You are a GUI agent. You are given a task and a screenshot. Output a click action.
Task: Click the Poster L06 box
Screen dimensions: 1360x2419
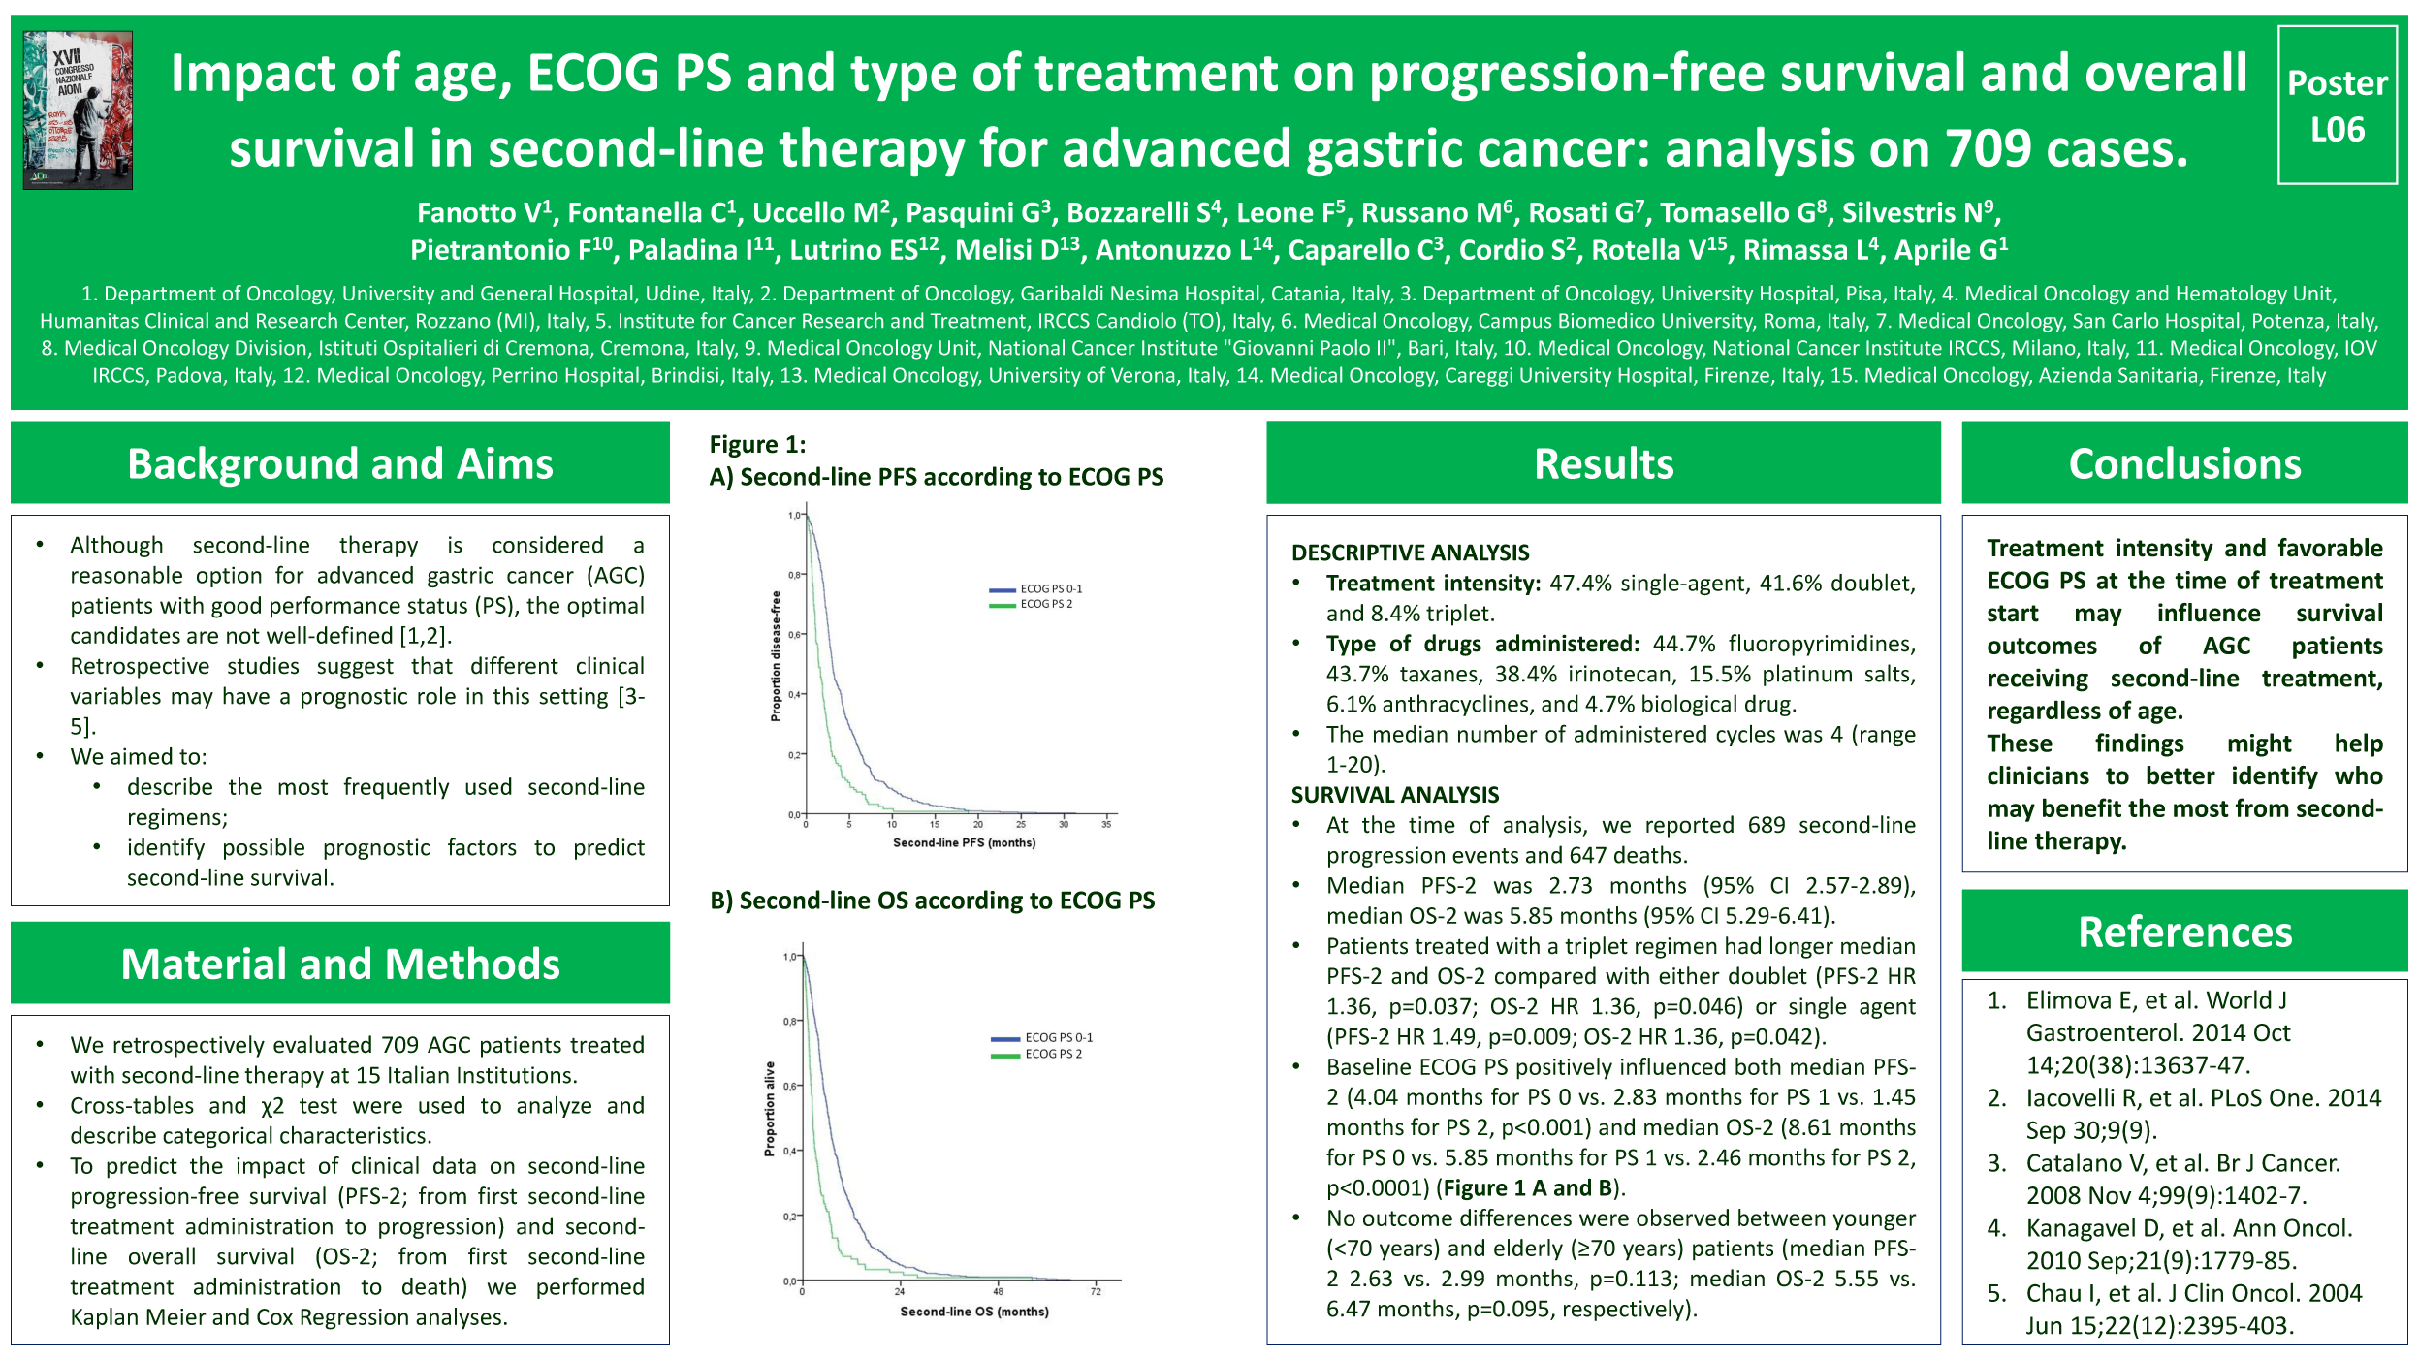pos(2337,105)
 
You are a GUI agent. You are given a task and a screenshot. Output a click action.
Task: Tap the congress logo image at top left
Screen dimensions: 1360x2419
pos(78,110)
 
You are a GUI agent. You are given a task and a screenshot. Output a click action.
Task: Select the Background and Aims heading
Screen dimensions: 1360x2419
pos(339,463)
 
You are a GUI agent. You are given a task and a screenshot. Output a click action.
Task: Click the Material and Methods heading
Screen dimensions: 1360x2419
pos(339,964)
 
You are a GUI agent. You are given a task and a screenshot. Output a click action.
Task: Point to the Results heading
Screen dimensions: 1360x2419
pos(1603,463)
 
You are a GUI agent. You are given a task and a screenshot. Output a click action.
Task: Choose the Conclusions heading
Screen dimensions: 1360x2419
pos(2184,463)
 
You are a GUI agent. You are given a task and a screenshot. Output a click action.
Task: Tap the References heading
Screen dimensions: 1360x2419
pos(2184,932)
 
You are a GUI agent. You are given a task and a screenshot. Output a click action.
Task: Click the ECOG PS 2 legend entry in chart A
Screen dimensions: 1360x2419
pos(1045,604)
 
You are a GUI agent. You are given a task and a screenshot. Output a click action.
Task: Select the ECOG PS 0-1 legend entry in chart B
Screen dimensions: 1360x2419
pos(1058,1037)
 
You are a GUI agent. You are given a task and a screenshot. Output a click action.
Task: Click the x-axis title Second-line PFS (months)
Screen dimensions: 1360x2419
pos(964,843)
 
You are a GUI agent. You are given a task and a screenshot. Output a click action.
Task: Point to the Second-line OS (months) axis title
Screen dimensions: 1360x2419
pos(973,1312)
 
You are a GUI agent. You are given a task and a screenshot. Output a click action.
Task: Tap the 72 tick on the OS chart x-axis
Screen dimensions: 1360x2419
pos(1096,1291)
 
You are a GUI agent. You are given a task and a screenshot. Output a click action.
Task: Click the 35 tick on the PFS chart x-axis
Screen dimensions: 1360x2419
pos(1106,825)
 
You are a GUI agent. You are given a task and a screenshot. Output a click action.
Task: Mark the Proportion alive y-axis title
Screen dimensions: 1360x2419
pos(770,1108)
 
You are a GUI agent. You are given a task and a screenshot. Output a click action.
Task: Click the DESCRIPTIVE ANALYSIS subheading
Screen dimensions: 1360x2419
pos(1410,553)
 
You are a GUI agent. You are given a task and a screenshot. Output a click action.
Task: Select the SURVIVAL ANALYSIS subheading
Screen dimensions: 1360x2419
pos(1394,795)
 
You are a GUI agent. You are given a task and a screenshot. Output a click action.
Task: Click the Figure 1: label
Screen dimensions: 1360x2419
pos(757,444)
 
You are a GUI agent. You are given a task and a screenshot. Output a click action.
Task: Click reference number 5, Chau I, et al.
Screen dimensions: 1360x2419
pos(2193,1309)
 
